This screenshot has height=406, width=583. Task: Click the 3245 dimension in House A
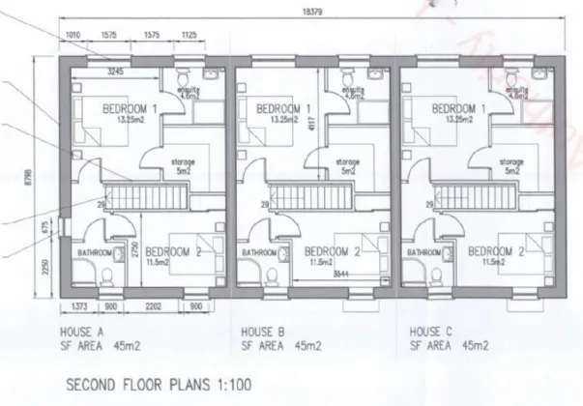[x=114, y=71]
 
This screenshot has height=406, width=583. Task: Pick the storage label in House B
[x=347, y=162]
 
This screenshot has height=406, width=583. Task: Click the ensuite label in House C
[x=513, y=89]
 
